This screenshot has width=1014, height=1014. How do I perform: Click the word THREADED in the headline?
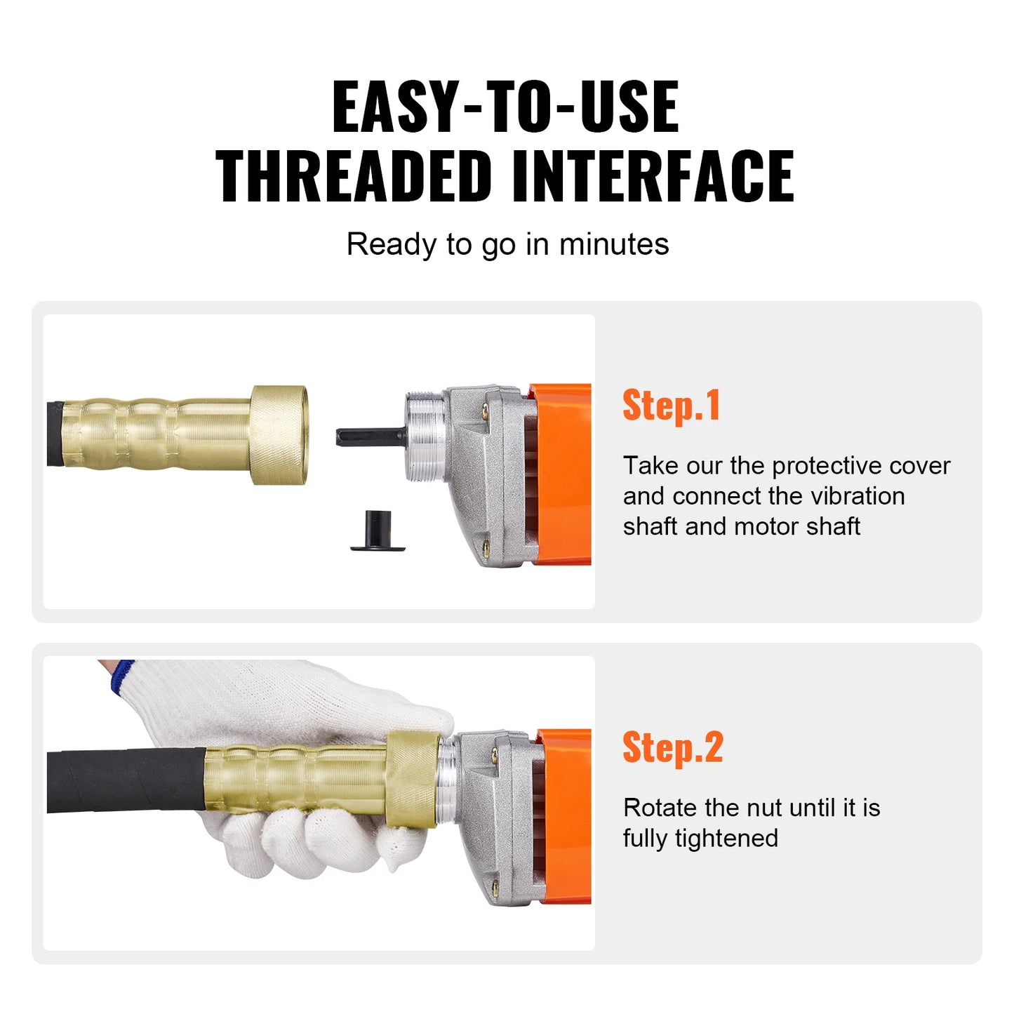[353, 176]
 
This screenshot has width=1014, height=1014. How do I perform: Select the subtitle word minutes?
[613, 245]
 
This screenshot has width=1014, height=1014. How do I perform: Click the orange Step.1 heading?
[671, 406]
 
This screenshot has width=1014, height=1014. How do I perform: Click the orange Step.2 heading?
[672, 747]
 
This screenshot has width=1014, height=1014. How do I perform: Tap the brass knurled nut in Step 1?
[279, 435]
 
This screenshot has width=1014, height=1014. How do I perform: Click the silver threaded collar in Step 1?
[425, 436]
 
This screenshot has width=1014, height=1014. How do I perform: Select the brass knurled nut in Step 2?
[413, 779]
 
